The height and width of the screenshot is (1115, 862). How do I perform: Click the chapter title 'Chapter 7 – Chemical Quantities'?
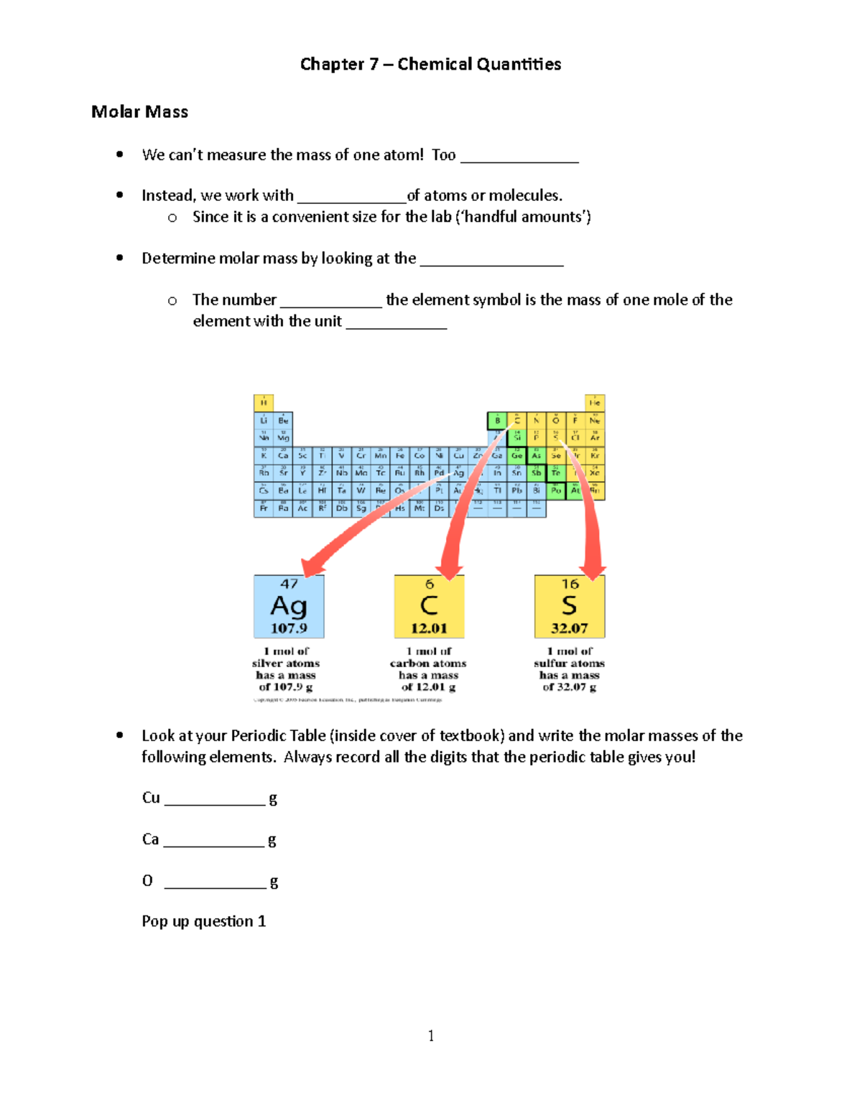pos(430,65)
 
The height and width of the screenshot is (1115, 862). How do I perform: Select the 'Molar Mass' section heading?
pos(139,112)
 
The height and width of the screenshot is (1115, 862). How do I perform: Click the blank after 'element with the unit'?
pos(397,324)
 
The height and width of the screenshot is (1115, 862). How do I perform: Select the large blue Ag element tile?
pos(289,607)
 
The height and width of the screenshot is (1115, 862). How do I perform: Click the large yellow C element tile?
pos(429,607)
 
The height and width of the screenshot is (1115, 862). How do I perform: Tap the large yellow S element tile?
pos(570,607)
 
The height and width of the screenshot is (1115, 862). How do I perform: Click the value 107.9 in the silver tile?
pos(289,628)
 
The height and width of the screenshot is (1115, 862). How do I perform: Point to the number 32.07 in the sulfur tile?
pos(570,628)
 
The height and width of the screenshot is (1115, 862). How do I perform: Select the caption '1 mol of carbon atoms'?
pos(428,658)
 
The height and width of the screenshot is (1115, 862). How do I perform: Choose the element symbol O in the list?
pos(147,881)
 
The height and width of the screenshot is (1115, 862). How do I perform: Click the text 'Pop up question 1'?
pos(204,921)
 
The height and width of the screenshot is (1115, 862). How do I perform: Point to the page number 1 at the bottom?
pos(430,1035)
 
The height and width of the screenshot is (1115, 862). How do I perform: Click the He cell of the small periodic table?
pos(595,402)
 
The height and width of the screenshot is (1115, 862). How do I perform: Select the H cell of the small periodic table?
pos(263,402)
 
